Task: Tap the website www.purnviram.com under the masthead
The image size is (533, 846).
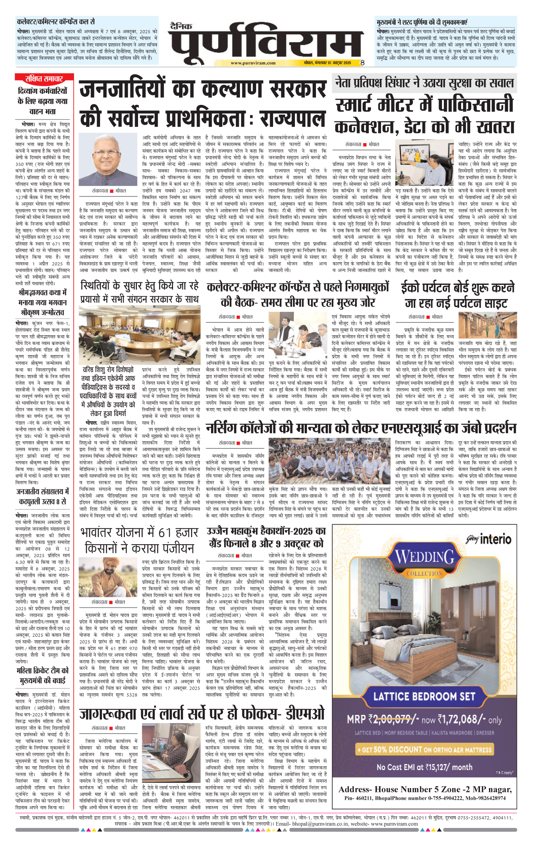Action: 253,63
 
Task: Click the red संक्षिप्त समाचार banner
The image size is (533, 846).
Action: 44,79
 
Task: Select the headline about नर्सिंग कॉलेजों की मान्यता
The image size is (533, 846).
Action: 361,428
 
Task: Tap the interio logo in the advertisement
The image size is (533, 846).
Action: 489,540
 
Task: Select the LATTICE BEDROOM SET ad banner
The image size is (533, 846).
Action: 424,696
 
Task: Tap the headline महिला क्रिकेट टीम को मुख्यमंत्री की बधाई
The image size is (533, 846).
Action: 43,675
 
